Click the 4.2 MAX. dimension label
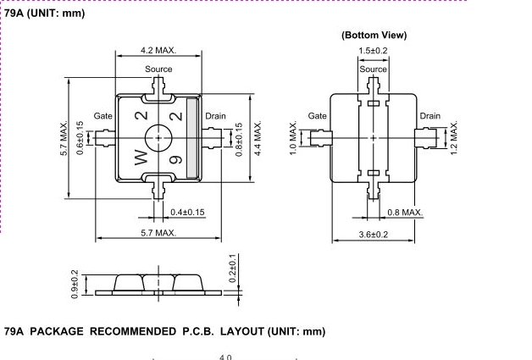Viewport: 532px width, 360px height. point(158,51)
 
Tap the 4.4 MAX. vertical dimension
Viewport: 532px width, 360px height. point(258,137)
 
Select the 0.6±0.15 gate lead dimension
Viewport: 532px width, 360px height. point(80,138)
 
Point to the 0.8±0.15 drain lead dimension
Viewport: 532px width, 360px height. point(239,140)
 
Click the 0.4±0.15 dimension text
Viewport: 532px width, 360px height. point(187,213)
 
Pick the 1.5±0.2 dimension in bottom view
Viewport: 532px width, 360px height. point(373,51)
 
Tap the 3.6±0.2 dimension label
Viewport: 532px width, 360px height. point(374,235)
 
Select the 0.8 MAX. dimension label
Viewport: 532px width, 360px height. point(405,213)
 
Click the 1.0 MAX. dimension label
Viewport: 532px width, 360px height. point(293,137)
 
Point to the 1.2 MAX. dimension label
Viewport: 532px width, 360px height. point(454,137)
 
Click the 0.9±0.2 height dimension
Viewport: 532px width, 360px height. point(75,285)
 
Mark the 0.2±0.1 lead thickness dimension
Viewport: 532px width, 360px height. point(232,268)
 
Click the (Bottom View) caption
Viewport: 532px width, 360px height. point(374,36)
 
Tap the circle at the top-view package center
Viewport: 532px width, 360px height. point(158,125)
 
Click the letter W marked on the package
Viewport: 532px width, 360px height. point(141,158)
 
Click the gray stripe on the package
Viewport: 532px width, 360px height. point(192,138)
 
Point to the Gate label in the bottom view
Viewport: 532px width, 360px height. point(317,116)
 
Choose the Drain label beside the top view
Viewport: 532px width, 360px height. point(215,116)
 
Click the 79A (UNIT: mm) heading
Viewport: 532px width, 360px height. point(44,14)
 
